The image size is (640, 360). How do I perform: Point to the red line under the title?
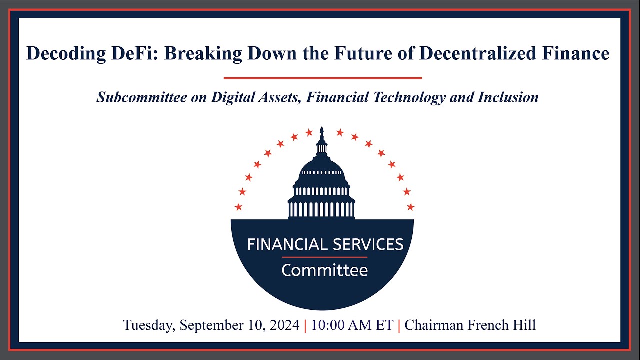[x=323, y=78]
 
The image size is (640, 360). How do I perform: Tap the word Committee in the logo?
[x=324, y=271]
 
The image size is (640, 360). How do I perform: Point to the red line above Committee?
[x=324, y=257]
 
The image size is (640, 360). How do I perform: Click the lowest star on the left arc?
[x=238, y=207]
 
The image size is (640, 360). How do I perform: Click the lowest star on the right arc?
[x=410, y=207]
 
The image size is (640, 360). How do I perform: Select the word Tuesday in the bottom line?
[x=149, y=326]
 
